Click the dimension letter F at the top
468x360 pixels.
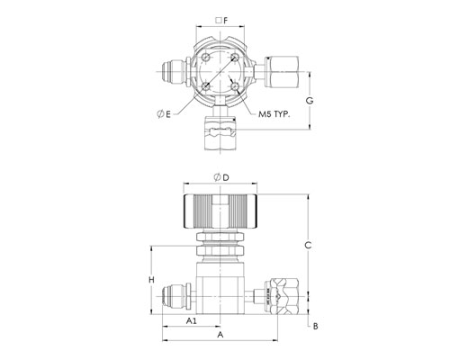[x=226, y=21]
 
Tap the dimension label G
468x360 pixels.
[x=310, y=101]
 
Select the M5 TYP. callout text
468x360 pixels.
[x=274, y=114]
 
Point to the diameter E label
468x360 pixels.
[x=164, y=114]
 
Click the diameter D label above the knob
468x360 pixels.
[x=221, y=177]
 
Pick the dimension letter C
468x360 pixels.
[x=308, y=246]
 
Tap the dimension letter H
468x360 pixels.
[x=152, y=280]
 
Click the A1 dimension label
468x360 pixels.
[x=192, y=321]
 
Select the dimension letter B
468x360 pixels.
[x=315, y=326]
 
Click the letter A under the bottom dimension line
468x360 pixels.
[x=220, y=334]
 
